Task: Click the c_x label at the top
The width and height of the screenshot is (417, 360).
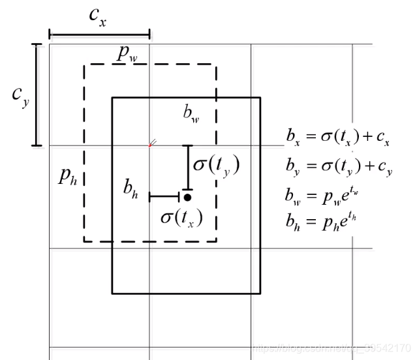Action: [98, 17]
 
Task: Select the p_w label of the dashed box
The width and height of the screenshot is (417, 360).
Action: [131, 55]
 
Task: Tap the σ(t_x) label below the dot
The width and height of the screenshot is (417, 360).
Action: [181, 217]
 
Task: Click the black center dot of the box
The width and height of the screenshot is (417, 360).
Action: [187, 196]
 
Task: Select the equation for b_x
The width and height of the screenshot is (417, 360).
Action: [338, 138]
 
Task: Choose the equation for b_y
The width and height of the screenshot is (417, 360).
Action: [338, 166]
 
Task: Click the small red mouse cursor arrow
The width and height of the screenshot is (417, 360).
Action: [153, 143]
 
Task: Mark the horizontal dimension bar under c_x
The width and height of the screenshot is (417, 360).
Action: [99, 35]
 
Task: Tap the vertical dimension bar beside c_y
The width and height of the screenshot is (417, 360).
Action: [37, 95]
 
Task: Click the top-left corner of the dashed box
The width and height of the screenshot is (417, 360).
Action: [84, 65]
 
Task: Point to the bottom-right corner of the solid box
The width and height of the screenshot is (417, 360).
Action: [260, 293]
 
